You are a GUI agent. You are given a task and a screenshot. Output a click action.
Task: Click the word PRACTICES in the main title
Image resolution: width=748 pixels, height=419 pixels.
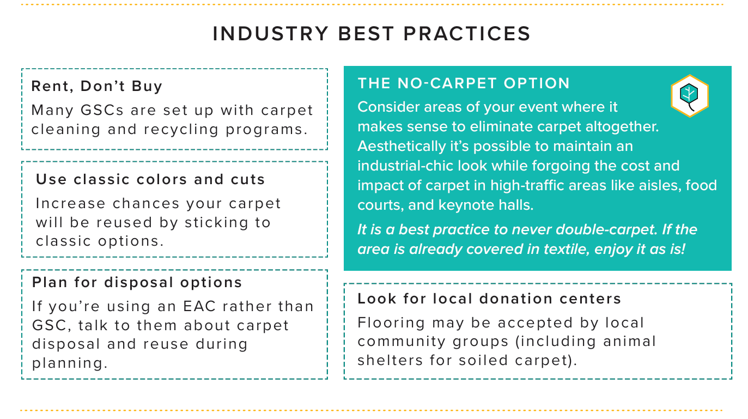pos(467,34)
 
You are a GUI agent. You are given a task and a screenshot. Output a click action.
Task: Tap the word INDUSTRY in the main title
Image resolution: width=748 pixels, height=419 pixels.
pos(271,34)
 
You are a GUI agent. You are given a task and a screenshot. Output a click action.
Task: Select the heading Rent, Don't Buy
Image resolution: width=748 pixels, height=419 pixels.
pos(97,86)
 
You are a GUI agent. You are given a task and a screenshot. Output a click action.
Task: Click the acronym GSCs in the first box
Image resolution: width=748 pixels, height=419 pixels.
pos(102,110)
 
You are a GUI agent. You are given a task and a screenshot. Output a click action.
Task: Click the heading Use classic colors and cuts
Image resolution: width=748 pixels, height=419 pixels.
pos(150,180)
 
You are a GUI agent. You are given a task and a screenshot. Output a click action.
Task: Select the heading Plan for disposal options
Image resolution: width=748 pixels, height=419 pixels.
pos(137,282)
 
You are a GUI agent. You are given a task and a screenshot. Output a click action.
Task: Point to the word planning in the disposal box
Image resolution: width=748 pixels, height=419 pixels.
pos(70,363)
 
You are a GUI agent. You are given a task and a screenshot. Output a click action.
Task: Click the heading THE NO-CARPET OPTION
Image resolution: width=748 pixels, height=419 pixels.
pos(464,83)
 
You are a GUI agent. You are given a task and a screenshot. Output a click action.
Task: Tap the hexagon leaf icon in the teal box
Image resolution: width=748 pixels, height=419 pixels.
pos(690,96)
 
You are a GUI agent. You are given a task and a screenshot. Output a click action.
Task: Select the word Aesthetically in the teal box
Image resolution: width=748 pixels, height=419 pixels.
pos(402,146)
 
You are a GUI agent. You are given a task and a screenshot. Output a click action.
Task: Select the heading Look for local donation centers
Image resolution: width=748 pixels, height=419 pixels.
pos(489,299)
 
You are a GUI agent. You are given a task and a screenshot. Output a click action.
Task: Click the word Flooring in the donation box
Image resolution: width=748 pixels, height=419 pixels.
pos(391,323)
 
